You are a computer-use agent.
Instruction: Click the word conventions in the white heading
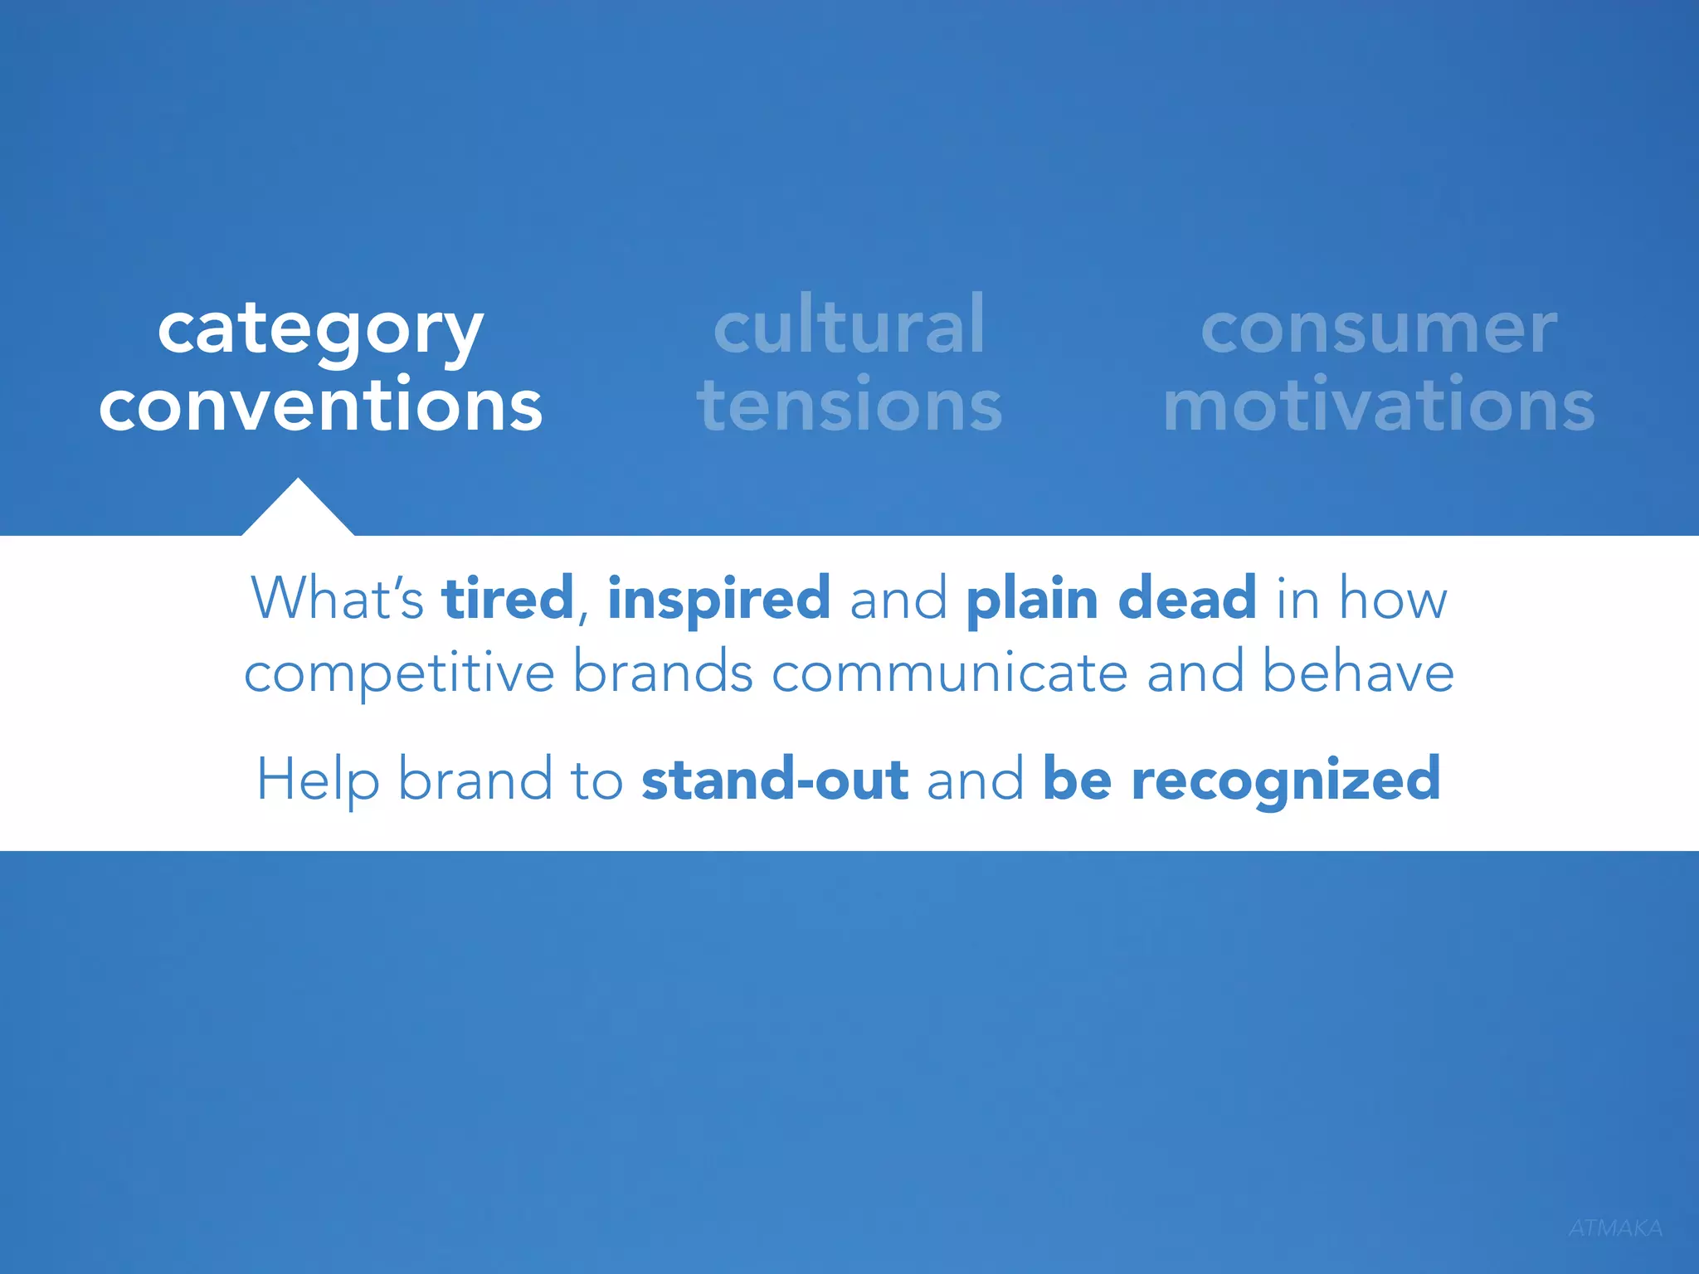click(320, 405)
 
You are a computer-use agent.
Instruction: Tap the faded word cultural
click(849, 325)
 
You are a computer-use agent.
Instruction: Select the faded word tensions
click(849, 405)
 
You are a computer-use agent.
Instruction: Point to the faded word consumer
click(1379, 330)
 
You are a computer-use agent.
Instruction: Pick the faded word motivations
click(1379, 405)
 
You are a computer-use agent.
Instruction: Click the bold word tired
click(508, 597)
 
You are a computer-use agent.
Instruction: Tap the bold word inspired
click(718, 599)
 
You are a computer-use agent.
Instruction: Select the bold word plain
click(1032, 599)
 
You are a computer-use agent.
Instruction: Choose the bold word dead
click(1187, 597)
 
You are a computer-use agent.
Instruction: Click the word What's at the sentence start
click(337, 597)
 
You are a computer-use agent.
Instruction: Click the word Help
click(318, 780)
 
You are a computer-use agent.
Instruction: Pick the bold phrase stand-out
click(775, 780)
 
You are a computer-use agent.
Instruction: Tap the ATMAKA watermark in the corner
click(1615, 1228)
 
